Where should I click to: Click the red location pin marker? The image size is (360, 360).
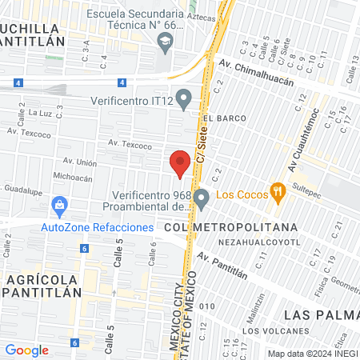[x=180, y=162]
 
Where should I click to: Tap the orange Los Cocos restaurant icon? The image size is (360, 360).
[x=278, y=191]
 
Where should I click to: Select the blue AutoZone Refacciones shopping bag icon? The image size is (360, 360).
[x=59, y=206]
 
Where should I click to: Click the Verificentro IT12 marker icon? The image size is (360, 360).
[x=185, y=100]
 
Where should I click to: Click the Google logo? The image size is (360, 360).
[x=27, y=350]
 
